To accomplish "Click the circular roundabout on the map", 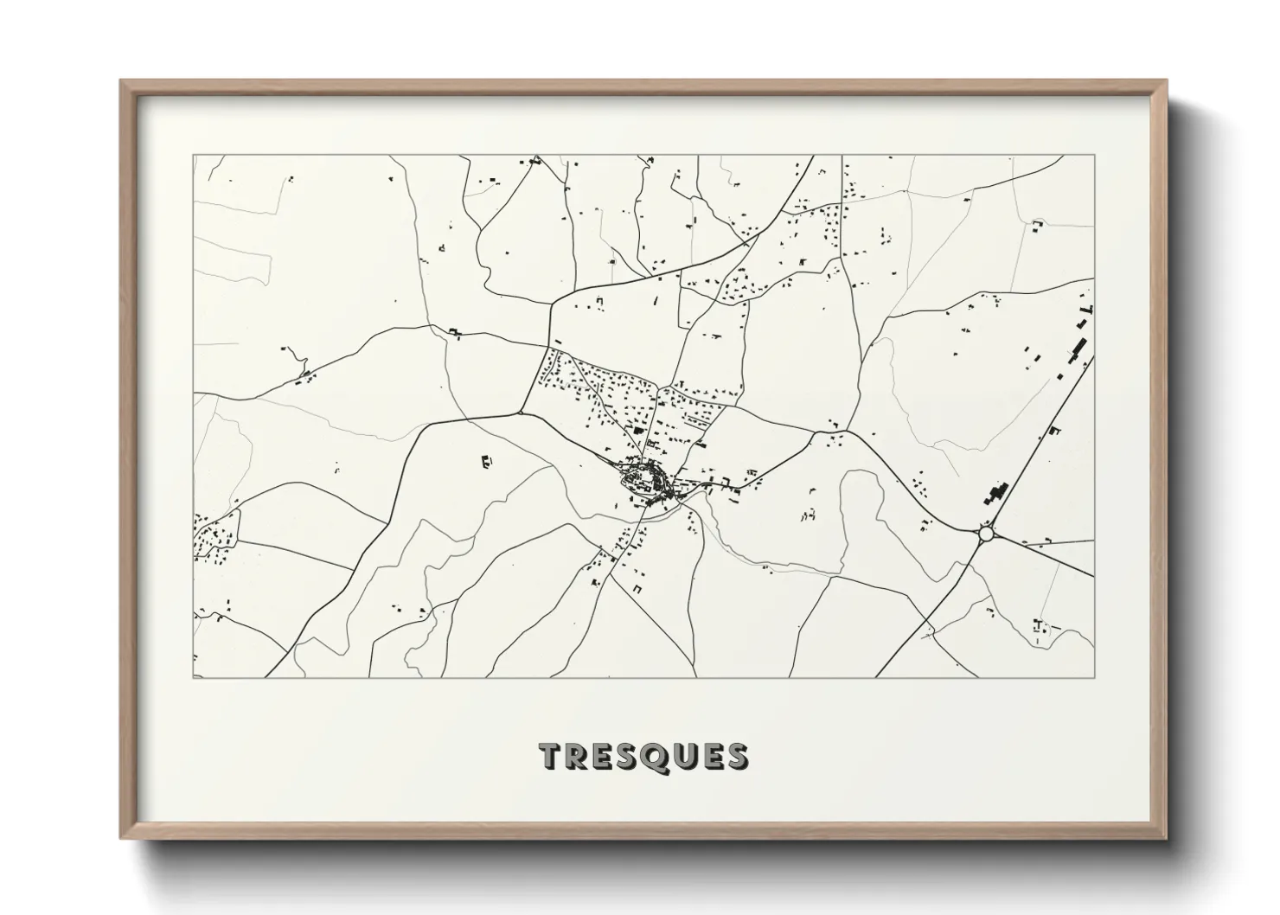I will tap(987, 534).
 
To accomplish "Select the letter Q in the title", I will tap(658, 756).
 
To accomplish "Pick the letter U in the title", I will tap(686, 756).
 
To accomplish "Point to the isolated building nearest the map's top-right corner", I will tap(1036, 225).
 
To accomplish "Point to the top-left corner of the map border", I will tap(194, 156).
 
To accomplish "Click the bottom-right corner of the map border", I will tap(1094, 677).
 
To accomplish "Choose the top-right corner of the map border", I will tap(1094, 156).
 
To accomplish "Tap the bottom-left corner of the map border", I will tap(194, 677).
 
